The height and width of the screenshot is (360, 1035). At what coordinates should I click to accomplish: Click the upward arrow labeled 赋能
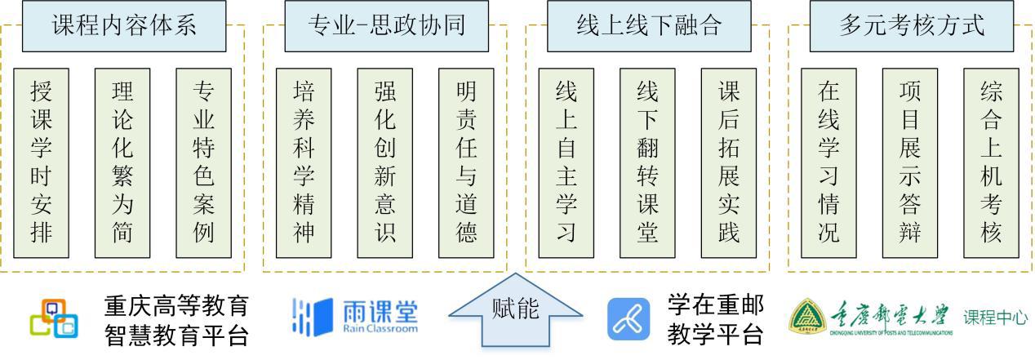click(516, 314)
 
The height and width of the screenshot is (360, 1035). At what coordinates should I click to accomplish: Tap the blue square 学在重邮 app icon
click(629, 319)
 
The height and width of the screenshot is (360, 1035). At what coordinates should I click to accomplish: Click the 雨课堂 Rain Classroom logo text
click(380, 317)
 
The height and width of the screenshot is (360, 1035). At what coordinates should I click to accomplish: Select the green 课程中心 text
click(995, 318)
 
